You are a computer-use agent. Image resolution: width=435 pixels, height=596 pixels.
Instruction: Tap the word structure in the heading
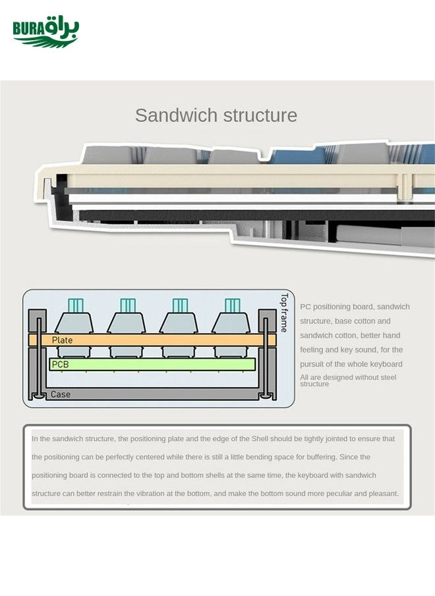click(260, 115)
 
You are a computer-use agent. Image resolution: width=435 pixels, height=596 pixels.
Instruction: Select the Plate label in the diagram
click(62, 340)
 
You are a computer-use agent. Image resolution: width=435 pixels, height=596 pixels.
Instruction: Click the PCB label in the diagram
click(60, 364)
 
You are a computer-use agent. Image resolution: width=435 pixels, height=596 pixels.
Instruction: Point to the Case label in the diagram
click(61, 394)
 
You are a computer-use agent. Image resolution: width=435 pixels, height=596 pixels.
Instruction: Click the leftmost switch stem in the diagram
click(76, 305)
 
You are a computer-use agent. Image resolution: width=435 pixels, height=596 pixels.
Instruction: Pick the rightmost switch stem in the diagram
click(232, 305)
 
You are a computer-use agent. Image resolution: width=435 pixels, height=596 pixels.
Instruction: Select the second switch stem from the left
click(128, 305)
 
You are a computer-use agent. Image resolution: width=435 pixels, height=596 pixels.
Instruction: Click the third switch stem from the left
click(180, 305)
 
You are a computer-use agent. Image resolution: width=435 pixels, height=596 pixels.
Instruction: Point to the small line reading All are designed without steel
click(348, 377)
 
